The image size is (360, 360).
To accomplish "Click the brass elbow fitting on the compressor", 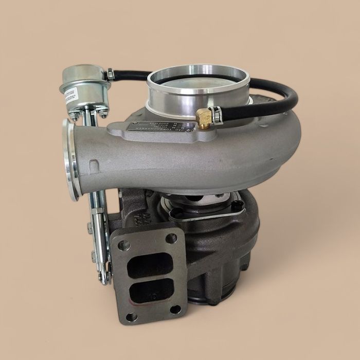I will pyautogui.click(x=204, y=118).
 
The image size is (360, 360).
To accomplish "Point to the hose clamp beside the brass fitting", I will pyautogui.click(x=218, y=116).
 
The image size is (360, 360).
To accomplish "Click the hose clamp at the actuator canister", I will pyautogui.click(x=110, y=75).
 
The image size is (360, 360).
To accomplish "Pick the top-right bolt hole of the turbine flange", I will pyautogui.click(x=171, y=238).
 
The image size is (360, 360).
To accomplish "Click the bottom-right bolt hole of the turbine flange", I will pyautogui.click(x=175, y=309).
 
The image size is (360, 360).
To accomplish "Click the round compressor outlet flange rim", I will pyautogui.click(x=70, y=159).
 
